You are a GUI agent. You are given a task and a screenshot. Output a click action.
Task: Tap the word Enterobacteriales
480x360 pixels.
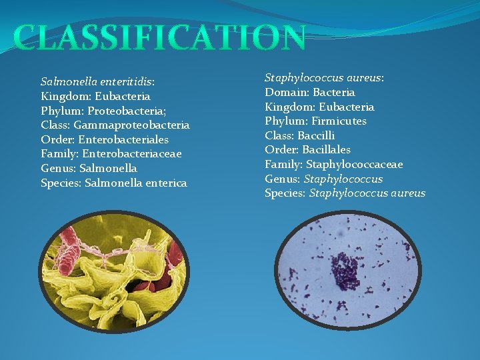pos(123,140)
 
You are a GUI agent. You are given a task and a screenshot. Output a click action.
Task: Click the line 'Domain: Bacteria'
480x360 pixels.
pos(310,92)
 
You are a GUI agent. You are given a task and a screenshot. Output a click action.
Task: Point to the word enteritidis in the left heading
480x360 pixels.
pos(127,82)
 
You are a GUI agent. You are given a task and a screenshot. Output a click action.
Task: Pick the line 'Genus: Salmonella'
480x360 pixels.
pos(89,169)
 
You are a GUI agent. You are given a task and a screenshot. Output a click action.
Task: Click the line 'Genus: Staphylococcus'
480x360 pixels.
pos(324,179)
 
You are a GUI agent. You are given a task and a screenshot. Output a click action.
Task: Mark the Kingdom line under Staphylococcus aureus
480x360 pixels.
pos(319,107)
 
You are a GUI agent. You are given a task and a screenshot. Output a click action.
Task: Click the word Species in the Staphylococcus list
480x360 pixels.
pos(285,193)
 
